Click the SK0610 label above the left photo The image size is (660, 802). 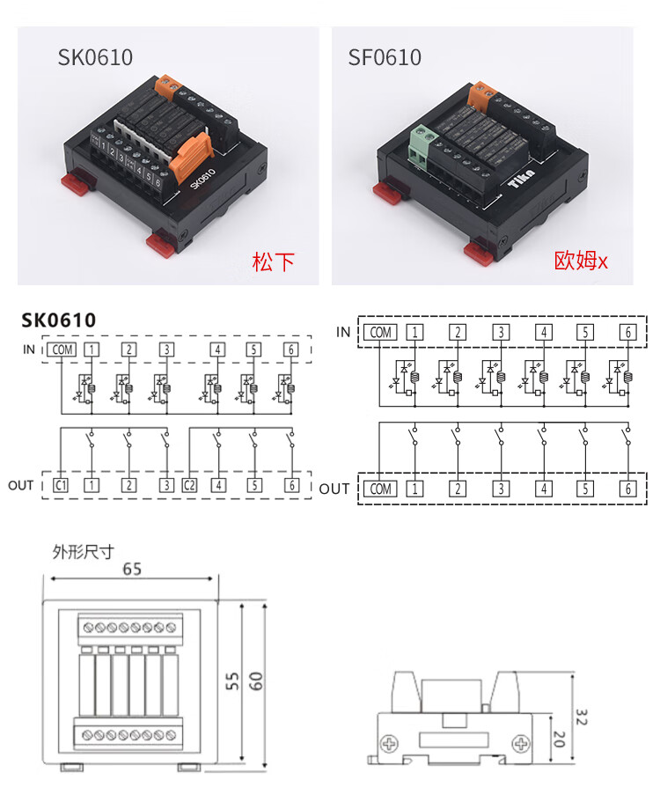click(x=95, y=57)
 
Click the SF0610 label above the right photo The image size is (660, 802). click(x=385, y=57)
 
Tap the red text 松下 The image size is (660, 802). click(x=274, y=261)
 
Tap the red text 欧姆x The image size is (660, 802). click(x=581, y=261)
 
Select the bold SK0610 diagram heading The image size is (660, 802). click(x=59, y=320)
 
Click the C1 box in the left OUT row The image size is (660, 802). click(x=61, y=484)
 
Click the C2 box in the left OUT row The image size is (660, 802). click(x=189, y=484)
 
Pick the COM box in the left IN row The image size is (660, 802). click(x=62, y=349)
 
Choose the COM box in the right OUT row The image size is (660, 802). click(x=380, y=489)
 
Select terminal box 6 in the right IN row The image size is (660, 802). click(x=628, y=333)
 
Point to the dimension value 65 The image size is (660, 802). click(x=132, y=569)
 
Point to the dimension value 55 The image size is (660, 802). click(x=232, y=681)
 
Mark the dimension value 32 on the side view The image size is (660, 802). click(x=582, y=717)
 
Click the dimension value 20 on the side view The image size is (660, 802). click(x=559, y=739)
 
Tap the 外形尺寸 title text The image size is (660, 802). click(x=83, y=552)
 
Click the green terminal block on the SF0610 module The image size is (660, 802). click(x=423, y=145)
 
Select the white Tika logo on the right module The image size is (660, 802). click(x=522, y=179)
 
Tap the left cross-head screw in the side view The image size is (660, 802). click(x=390, y=743)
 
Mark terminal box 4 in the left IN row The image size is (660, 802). click(x=217, y=349)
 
